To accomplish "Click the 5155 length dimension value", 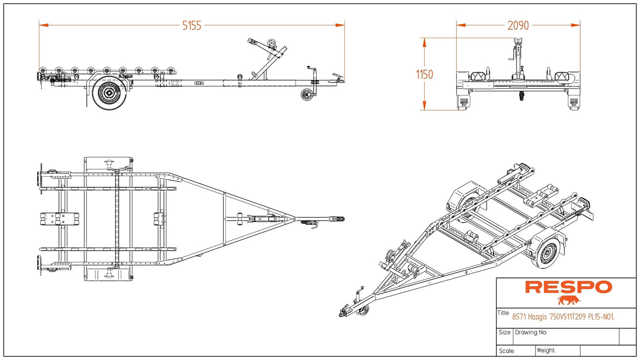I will [x=192, y=26].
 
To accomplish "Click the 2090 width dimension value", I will [x=518, y=26].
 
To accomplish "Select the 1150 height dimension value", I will [x=424, y=74].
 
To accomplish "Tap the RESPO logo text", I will [x=568, y=287].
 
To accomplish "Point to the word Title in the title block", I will [x=504, y=313].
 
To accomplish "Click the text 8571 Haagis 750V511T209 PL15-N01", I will [x=563, y=317].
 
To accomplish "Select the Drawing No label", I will [x=531, y=333].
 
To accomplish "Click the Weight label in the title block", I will [x=546, y=350].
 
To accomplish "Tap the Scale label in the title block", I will [x=506, y=351].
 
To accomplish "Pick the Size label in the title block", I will [x=504, y=332].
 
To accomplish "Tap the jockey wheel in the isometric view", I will [x=364, y=311].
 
